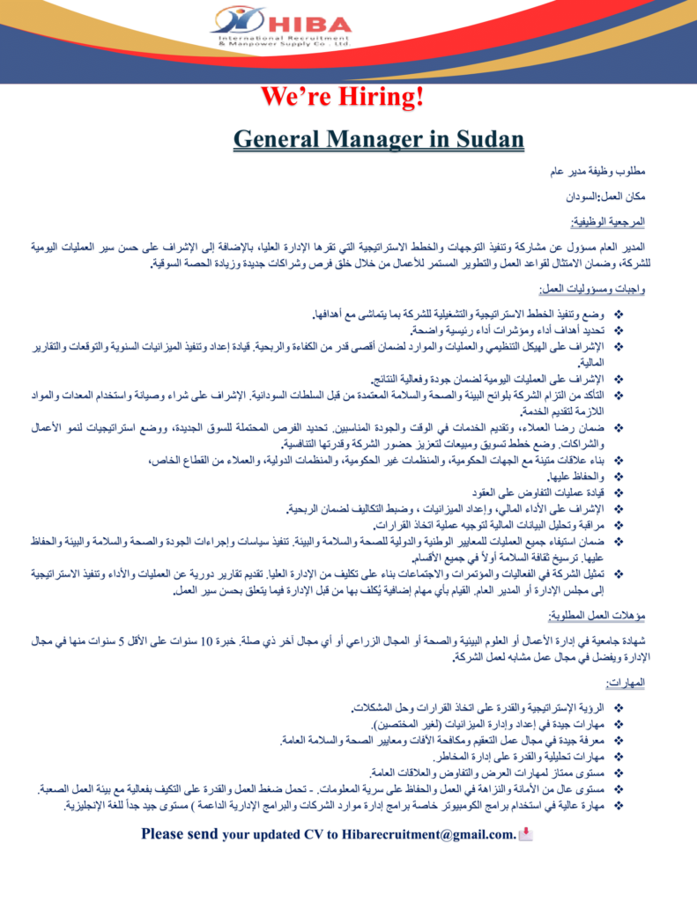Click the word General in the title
click(x=280, y=138)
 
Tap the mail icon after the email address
click(x=525, y=833)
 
